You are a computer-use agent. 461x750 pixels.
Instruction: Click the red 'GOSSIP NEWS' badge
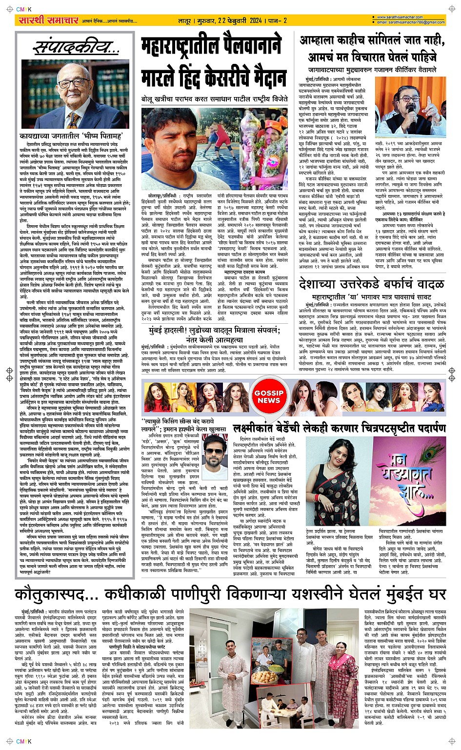point(269,396)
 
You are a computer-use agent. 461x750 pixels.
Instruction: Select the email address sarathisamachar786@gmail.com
point(410,22)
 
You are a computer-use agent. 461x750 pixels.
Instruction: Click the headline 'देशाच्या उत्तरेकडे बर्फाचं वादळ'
point(371,284)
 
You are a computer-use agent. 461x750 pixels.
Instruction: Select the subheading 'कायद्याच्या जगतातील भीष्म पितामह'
point(71,136)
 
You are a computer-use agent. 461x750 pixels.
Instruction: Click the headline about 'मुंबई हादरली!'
point(215,335)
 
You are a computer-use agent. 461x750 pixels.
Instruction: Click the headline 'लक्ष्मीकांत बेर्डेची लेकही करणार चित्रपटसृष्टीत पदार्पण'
point(339,429)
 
